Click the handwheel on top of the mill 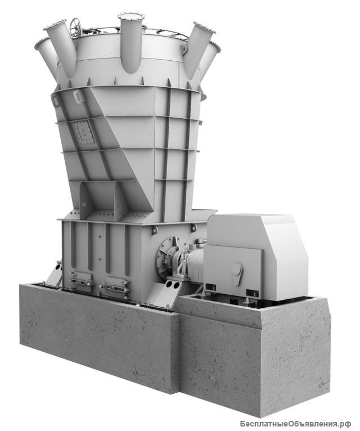click(75, 26)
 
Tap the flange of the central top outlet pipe click(132, 16)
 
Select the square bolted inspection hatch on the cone click(84, 132)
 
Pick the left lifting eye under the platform click(155, 230)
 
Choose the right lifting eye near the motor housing click(193, 228)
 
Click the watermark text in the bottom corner click(295, 424)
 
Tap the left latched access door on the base click(81, 281)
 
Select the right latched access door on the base click(115, 287)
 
